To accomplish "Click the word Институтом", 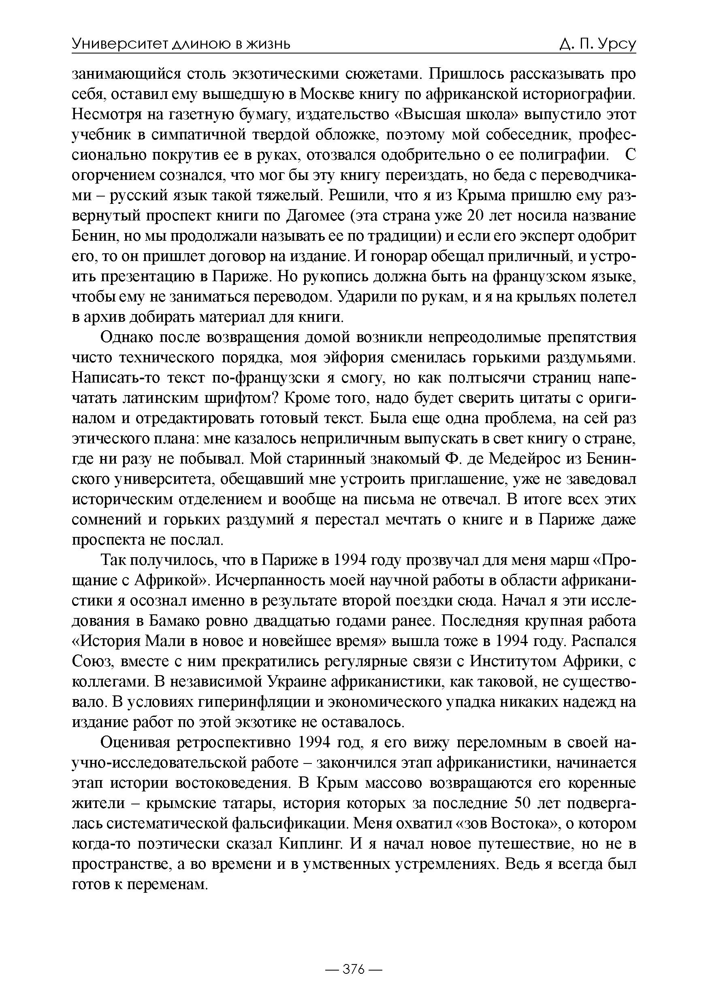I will (x=512, y=662).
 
